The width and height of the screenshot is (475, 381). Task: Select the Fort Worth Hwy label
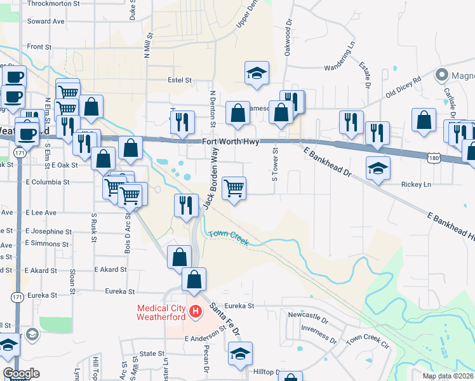(x=231, y=142)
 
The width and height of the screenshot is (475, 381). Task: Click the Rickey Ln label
(x=416, y=185)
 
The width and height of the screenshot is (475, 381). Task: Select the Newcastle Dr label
(x=308, y=315)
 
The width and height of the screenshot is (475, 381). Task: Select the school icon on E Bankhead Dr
(x=378, y=168)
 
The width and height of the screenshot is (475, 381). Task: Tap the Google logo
(x=21, y=373)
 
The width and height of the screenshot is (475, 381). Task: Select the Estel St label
(x=179, y=81)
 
